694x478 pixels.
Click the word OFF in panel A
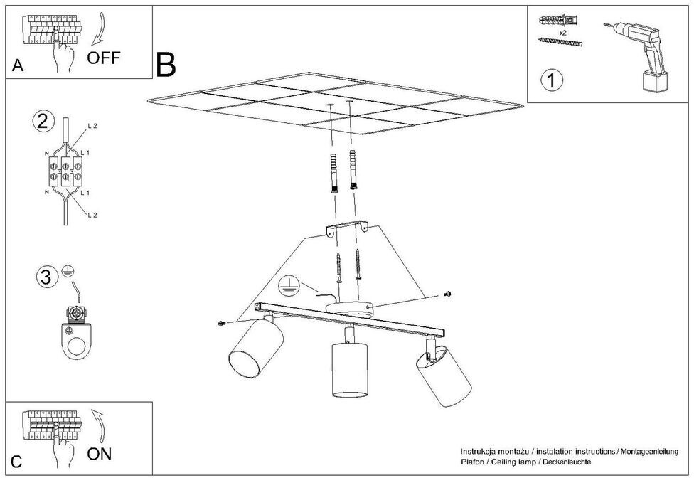pos(104,58)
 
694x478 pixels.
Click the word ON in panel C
pos(99,452)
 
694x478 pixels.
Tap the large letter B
pos(165,65)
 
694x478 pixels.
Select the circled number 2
pos(44,121)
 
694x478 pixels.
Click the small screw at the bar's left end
pos(223,324)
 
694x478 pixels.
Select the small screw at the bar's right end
pos(447,294)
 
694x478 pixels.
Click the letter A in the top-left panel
pos(18,66)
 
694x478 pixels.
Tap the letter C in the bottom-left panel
pos(17,461)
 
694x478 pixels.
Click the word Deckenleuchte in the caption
pos(566,462)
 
